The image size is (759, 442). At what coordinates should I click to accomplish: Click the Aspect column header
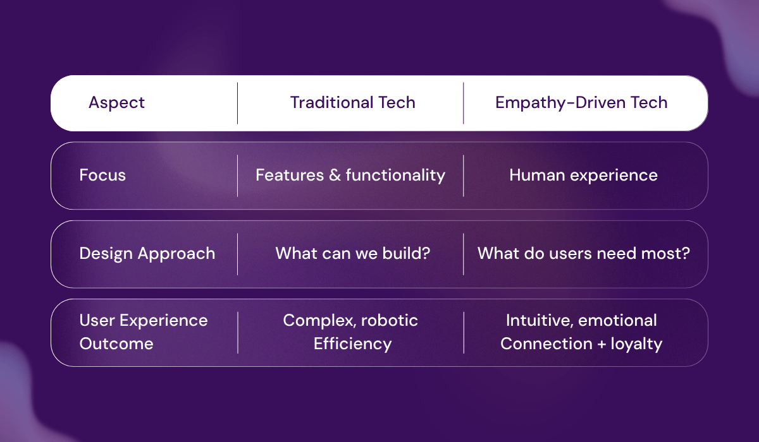click(x=116, y=103)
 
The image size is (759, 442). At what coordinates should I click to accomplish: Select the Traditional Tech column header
click(x=352, y=103)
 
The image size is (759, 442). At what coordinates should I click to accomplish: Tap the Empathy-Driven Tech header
click(x=581, y=103)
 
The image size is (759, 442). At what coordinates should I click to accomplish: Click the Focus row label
click(x=102, y=176)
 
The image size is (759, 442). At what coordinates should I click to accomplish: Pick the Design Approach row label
click(x=147, y=254)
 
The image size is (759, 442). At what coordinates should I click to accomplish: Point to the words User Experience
click(x=143, y=321)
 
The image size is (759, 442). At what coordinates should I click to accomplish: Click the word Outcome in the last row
click(x=116, y=344)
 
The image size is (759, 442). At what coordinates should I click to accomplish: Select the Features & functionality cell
click(x=350, y=176)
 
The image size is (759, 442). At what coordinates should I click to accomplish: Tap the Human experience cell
click(x=583, y=176)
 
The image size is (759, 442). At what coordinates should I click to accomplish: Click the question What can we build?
click(x=352, y=254)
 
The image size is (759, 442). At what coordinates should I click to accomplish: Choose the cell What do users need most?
click(x=583, y=254)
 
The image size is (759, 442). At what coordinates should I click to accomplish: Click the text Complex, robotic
click(x=350, y=321)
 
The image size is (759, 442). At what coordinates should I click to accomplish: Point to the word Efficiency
click(x=352, y=344)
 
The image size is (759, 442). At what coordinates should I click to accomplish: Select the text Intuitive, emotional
click(x=581, y=321)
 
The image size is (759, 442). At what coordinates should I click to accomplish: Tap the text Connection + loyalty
click(x=581, y=344)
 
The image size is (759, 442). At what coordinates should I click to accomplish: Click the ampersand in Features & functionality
click(x=335, y=176)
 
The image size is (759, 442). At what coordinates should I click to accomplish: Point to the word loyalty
click(x=636, y=344)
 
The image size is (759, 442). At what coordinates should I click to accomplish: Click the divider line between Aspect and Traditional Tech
click(x=238, y=103)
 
